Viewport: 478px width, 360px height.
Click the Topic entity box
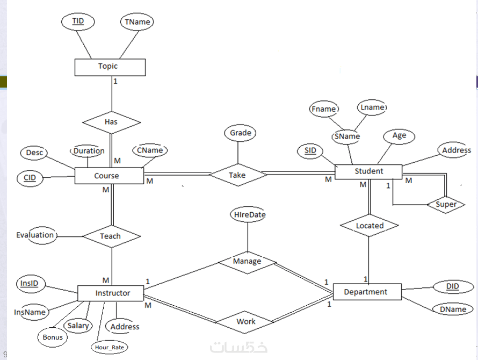(110, 67)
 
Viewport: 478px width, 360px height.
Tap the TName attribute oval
(136, 22)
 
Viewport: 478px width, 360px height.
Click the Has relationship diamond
(111, 122)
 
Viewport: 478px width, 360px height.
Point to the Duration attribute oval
(89, 151)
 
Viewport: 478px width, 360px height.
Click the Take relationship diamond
(237, 175)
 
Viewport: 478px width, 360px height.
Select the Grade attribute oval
(240, 133)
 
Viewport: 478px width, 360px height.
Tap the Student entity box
(368, 171)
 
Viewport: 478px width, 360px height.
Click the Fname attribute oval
(324, 109)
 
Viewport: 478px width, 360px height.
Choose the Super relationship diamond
(446, 204)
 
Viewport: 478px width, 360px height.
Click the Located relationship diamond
(370, 226)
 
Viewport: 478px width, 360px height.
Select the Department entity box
(366, 292)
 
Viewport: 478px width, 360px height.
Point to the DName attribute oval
(452, 309)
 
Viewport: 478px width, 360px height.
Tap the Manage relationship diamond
(247, 262)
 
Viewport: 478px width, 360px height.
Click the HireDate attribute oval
(249, 215)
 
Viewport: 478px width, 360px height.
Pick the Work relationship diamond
(246, 321)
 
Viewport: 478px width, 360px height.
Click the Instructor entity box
(112, 293)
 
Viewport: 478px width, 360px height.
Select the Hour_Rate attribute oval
(109, 347)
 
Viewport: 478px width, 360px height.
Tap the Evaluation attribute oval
(35, 235)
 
